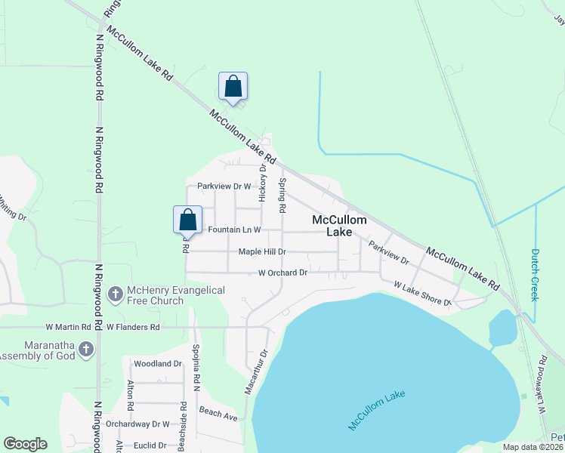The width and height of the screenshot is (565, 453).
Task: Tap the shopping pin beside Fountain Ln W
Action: (188, 220)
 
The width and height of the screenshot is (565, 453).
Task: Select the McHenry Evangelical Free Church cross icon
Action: (116, 292)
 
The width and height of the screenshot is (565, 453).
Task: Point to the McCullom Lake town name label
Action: (339, 226)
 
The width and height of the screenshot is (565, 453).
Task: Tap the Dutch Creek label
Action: (536, 275)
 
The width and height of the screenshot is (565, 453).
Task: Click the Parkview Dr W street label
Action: (224, 186)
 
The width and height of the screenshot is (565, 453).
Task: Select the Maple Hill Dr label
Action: (262, 251)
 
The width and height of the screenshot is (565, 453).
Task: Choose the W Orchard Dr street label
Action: (282, 273)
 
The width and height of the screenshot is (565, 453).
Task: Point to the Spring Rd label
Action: (283, 194)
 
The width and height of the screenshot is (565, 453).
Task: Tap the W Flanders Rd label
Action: (134, 328)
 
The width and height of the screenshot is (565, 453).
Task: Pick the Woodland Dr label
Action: (158, 363)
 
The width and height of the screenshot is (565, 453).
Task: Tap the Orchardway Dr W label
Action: (137, 424)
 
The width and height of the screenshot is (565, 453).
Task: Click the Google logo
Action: (25, 444)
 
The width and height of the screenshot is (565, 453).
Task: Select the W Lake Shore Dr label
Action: (421, 294)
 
